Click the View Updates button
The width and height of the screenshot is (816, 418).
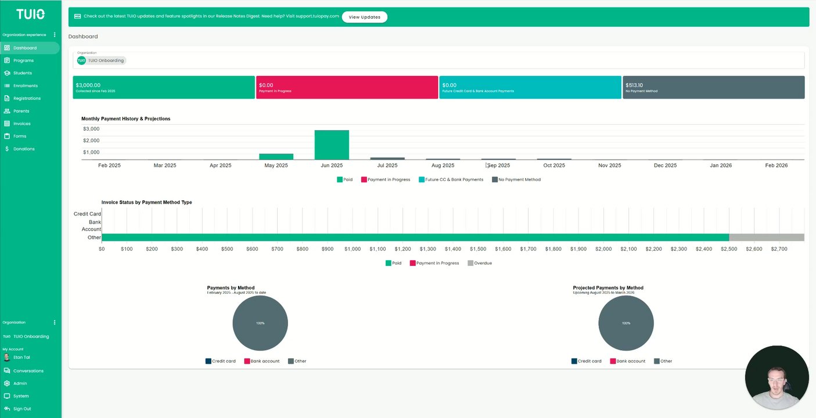364,17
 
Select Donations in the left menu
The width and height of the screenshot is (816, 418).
24,149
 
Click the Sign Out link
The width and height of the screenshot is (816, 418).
21,409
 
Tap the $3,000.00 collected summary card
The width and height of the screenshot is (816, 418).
164,87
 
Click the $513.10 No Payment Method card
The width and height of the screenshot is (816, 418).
713,87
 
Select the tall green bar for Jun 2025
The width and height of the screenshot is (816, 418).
332,145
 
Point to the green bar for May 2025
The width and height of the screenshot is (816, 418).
276,157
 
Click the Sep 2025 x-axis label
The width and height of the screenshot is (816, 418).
499,165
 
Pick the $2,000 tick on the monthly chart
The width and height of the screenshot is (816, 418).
91,140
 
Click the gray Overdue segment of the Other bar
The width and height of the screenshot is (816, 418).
766,237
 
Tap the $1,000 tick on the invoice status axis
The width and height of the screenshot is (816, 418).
352,249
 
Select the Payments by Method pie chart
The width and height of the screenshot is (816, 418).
260,323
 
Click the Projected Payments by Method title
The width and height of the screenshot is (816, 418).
608,288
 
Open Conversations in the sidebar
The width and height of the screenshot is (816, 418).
28,371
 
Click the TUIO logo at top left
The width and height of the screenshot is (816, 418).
30,14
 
